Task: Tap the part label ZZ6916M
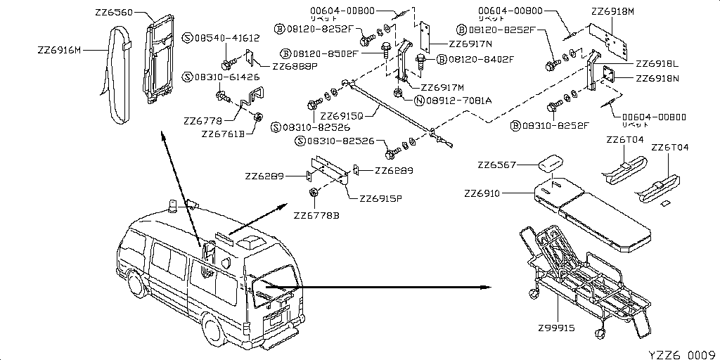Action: click(60, 50)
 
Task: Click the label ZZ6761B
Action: click(222, 133)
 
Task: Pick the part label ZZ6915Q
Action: click(341, 115)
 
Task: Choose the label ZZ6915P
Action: click(380, 198)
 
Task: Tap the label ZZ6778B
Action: click(316, 214)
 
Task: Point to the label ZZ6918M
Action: click(612, 12)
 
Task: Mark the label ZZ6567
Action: click(497, 165)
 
